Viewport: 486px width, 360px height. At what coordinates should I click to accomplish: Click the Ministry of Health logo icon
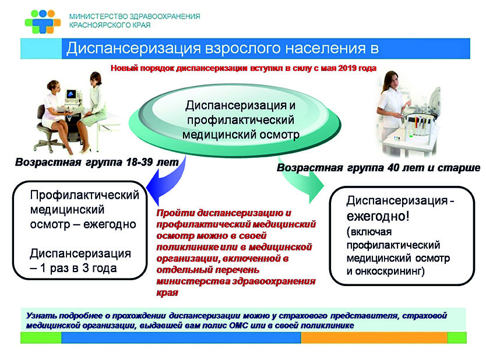[x=43, y=22]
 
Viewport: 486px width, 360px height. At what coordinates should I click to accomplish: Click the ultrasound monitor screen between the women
[x=71, y=94]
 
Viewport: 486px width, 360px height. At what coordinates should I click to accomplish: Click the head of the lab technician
[x=391, y=79]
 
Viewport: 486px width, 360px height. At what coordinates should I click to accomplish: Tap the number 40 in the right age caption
[x=393, y=168]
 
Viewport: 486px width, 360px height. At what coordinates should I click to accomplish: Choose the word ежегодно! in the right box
[x=378, y=216]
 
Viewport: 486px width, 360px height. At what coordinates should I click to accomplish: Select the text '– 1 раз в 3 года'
[x=73, y=268]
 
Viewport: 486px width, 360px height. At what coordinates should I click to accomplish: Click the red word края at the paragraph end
[x=167, y=293]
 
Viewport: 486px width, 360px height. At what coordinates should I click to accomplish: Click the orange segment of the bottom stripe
[x=374, y=337]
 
